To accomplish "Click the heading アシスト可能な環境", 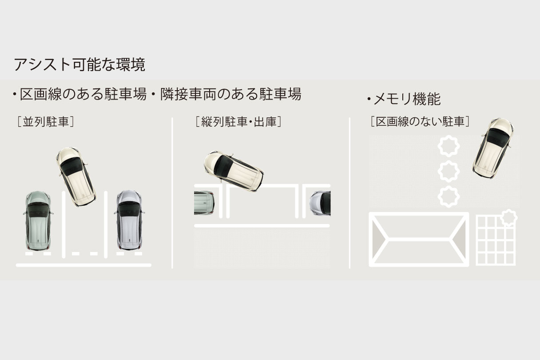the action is (x=79, y=64).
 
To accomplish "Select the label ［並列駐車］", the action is (x=46, y=122).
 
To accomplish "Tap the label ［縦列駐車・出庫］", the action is (x=238, y=122).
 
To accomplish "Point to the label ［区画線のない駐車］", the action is (x=420, y=122).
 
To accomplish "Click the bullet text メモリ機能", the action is (x=407, y=99).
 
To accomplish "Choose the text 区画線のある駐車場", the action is (x=83, y=94).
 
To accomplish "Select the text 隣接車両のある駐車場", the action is (x=231, y=94).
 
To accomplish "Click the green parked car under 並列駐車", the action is (x=38, y=220).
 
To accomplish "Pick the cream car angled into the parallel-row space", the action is (x=76, y=176).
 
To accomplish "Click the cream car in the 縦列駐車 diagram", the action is (x=234, y=171).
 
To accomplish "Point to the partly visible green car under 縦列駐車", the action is (x=204, y=203).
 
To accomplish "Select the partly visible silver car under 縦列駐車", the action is (x=320, y=203).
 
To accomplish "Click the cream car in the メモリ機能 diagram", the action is (x=493, y=148).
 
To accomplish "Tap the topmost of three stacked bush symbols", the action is (x=449, y=146).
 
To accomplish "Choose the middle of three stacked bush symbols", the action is (x=449, y=171).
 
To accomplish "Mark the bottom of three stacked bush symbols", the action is (x=449, y=196).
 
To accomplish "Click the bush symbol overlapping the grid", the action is (x=508, y=218).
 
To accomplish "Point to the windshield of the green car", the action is (x=37, y=210).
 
